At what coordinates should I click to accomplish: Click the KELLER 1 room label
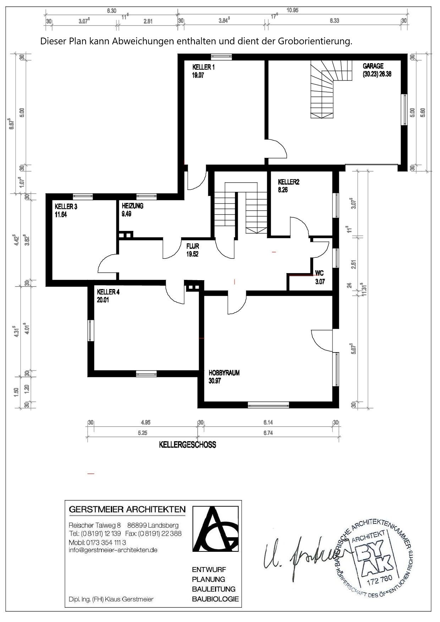203,67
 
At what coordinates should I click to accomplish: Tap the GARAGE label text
373,66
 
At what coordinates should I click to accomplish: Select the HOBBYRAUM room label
224,373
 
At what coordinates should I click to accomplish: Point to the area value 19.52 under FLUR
192,254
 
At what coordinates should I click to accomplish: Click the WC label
319,273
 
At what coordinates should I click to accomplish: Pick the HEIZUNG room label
132,206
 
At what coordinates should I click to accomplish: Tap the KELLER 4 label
108,292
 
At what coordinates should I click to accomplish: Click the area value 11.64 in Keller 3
61,215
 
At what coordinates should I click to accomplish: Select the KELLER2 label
289,182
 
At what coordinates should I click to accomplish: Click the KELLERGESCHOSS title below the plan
187,445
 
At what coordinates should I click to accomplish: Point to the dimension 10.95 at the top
292,10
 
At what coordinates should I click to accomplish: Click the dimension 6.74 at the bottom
268,433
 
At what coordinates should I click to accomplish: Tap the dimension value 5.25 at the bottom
143,433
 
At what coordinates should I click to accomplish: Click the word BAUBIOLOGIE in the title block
215,599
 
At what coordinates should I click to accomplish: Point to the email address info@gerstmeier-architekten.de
113,550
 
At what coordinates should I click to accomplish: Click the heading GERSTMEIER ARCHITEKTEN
127,510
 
